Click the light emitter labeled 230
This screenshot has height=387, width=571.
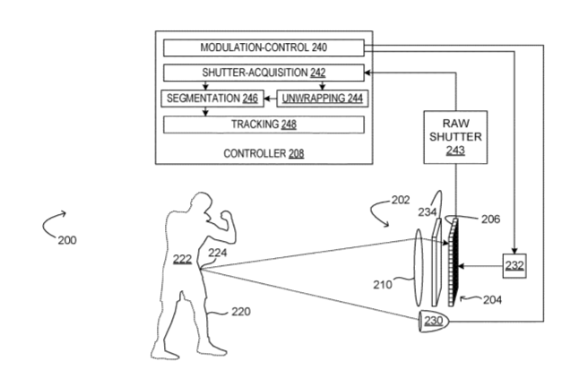437,321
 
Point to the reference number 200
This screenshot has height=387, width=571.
66,240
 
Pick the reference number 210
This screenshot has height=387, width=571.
384,285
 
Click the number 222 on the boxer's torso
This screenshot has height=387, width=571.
182,258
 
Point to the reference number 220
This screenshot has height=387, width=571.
240,311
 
